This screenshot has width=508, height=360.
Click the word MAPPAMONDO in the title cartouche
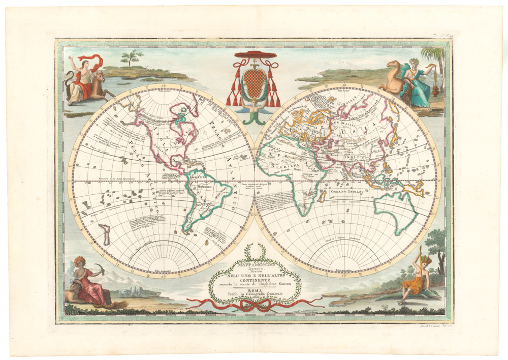(x=255, y=265)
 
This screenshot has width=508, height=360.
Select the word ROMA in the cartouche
(x=254, y=291)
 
